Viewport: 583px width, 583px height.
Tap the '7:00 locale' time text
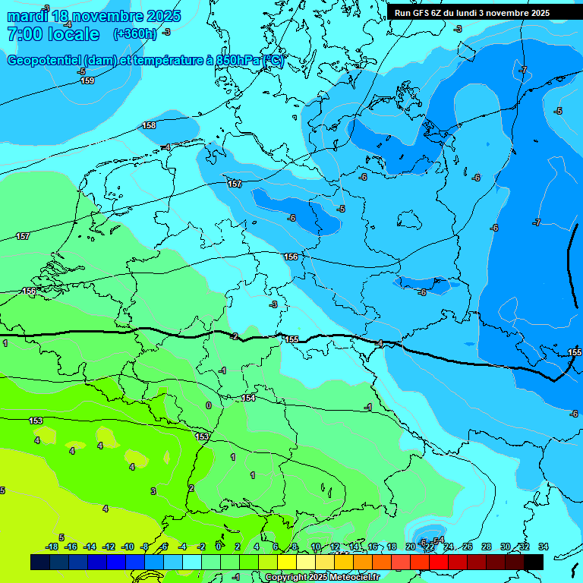[53, 34]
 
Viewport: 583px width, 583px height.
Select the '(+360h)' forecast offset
[134, 34]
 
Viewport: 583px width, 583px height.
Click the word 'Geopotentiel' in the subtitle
[43, 61]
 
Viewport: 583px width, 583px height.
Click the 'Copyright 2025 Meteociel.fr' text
[322, 578]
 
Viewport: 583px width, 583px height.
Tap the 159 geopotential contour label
[87, 80]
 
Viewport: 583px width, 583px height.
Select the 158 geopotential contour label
[150, 125]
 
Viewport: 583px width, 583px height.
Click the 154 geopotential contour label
[248, 398]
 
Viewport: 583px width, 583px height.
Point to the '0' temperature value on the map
[209, 405]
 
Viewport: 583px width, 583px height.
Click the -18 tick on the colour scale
[52, 547]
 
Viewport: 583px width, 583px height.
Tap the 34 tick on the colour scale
[543, 547]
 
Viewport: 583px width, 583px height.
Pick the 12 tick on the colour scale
[335, 547]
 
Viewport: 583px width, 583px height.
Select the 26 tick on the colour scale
[467, 547]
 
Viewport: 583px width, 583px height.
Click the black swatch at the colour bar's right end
[534, 562]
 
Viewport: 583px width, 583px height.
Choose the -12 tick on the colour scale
[109, 547]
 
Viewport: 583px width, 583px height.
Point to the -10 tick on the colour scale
[128, 547]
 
